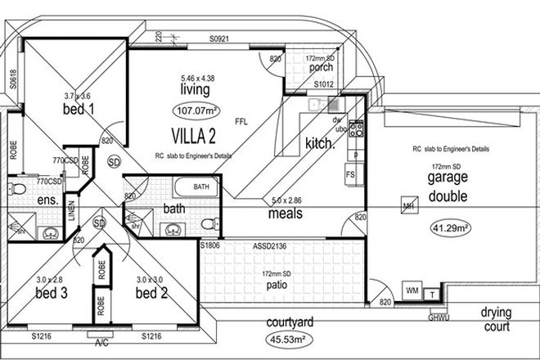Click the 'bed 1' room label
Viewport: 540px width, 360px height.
[79, 109]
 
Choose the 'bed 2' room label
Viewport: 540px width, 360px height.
[151, 292]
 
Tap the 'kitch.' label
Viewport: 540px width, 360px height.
[319, 143]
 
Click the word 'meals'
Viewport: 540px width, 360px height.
[286, 214]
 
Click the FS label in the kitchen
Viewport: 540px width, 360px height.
[350, 175]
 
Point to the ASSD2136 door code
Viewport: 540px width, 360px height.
[267, 245]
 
